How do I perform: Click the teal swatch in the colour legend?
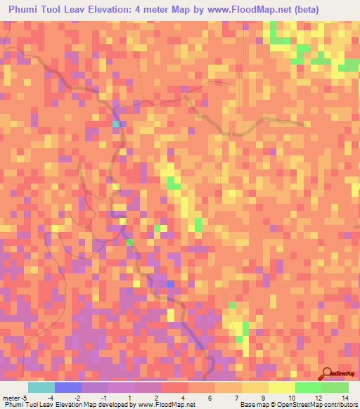tap(41, 387)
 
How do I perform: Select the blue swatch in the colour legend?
tap(68, 387)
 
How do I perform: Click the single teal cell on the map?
tap(115, 124)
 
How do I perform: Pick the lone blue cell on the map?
tap(170, 283)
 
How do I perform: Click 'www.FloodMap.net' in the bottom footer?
tap(166, 405)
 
